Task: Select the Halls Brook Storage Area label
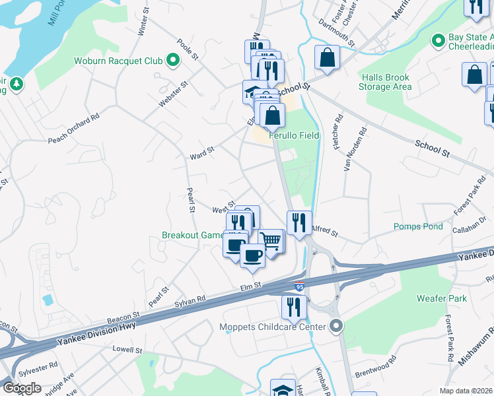(385, 82)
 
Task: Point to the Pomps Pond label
(418, 226)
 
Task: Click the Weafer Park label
(442, 298)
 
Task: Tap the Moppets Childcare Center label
(273, 327)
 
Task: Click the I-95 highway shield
(300, 287)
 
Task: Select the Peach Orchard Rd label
(73, 127)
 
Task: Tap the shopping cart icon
(271, 240)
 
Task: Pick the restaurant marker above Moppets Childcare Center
(293, 306)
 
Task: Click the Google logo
(22, 387)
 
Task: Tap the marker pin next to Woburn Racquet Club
(172, 61)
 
